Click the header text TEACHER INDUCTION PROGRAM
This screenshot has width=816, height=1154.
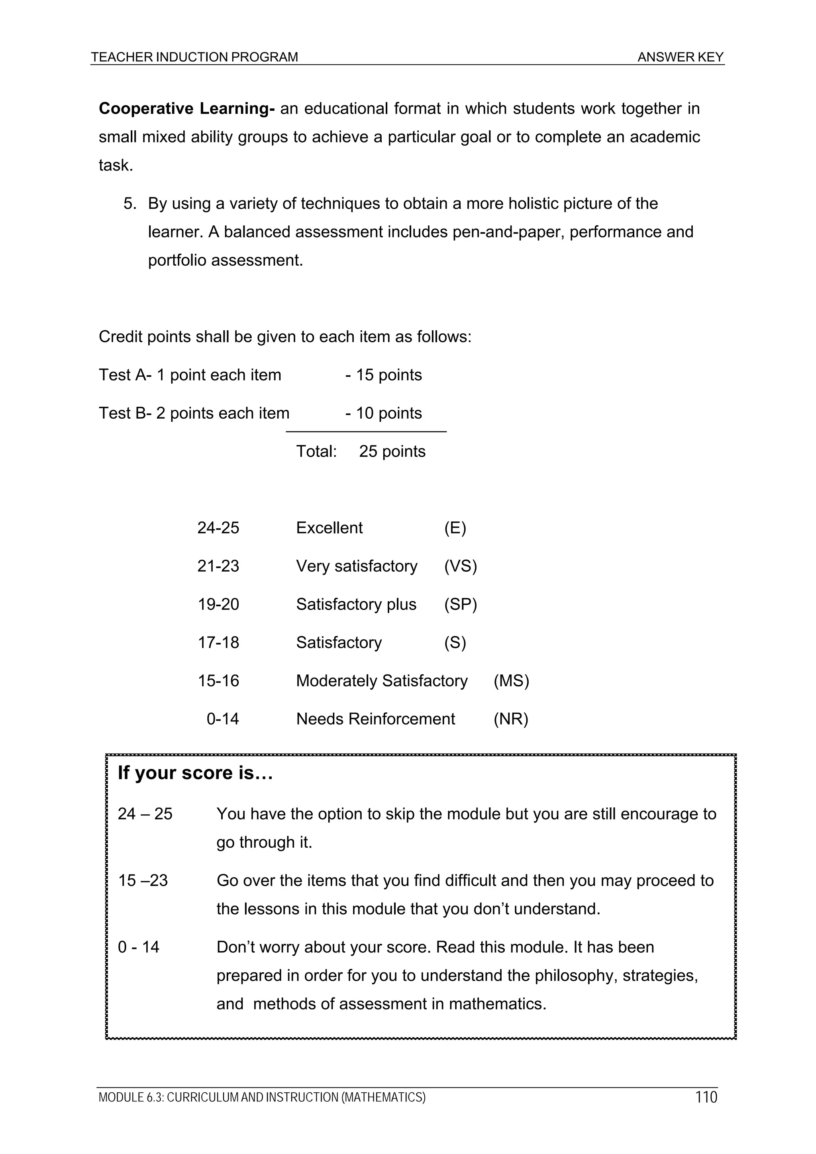pos(194,57)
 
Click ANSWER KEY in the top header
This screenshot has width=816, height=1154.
pos(680,57)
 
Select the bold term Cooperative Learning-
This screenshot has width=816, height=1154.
pos(186,109)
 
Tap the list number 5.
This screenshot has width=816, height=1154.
pos(130,204)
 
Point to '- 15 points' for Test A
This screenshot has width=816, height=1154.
pos(383,375)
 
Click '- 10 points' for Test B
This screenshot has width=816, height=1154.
pos(383,413)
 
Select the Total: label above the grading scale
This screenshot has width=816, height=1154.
pos(316,451)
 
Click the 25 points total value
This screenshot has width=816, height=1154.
pos(392,451)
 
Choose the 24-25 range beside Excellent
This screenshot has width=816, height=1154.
pos(218,528)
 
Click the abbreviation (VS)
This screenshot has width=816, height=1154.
pos(460,566)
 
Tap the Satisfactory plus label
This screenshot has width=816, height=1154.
pos(356,604)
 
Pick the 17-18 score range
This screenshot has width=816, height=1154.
pos(218,643)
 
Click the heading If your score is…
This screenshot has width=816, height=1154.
pos(195,773)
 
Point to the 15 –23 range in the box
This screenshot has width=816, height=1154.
pos(143,881)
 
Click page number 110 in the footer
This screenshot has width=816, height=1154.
pos(706,1097)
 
